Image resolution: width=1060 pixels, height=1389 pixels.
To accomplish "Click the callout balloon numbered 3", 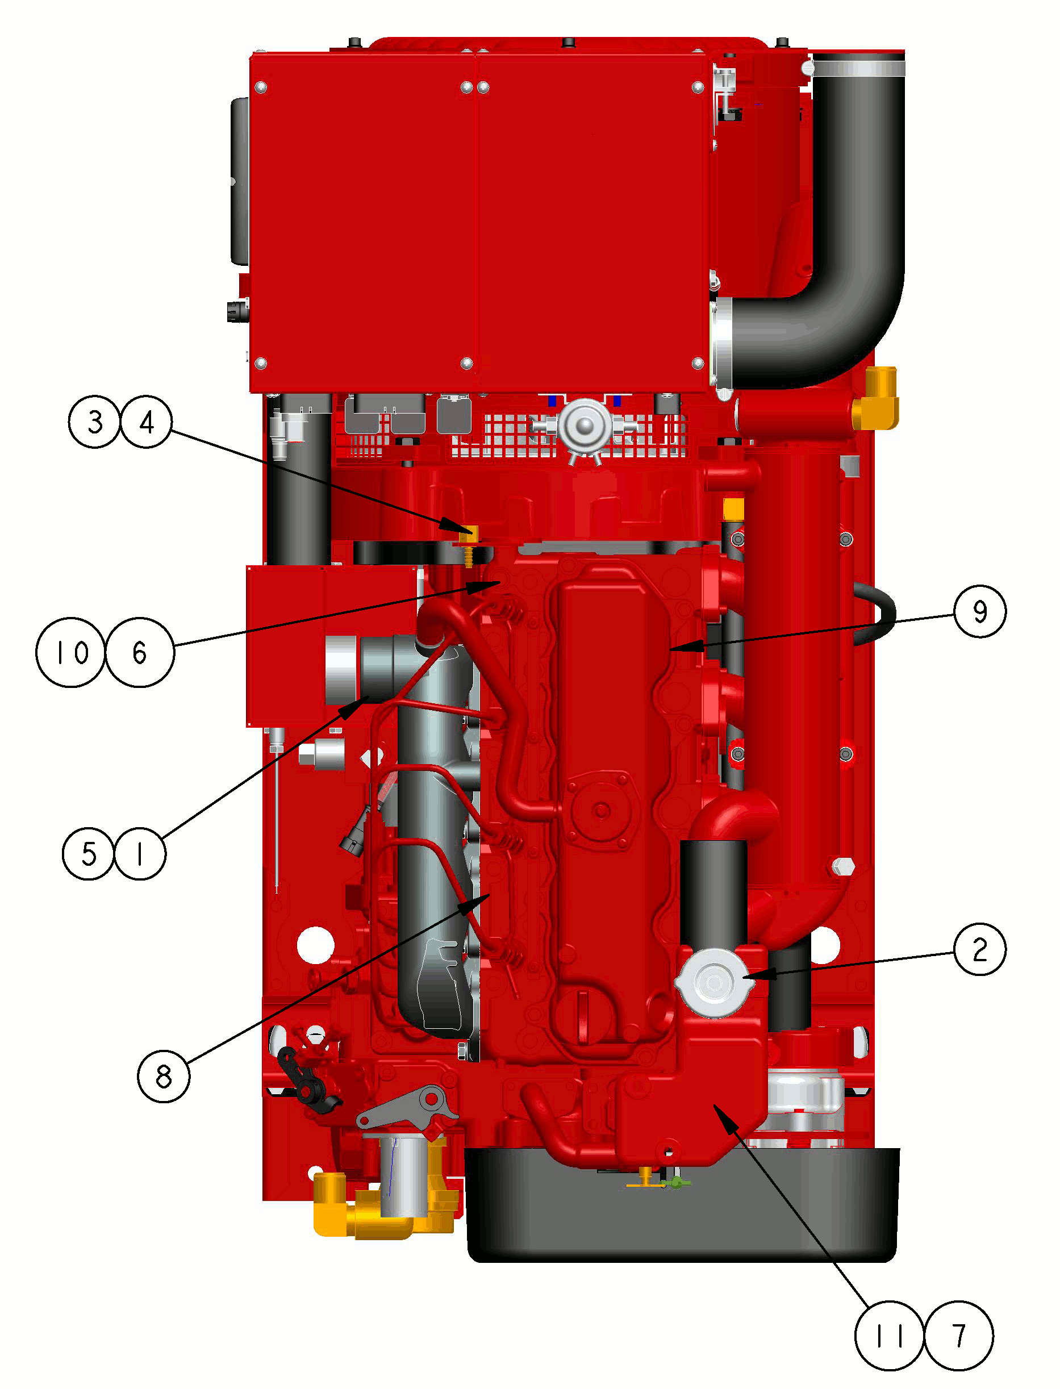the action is pos(95,422).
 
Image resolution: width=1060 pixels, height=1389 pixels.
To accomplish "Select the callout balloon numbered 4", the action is pos(147,422).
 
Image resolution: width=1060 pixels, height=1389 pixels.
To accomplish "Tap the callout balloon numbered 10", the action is pos(70,652).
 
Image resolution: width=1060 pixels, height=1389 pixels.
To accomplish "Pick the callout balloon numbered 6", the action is pos(139,652).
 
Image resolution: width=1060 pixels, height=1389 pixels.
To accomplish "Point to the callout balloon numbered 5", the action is pos(89,853).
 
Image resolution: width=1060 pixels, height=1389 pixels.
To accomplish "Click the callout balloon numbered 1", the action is pos(140,853).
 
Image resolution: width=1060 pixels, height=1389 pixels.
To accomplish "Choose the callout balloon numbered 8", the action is pos(164,1076).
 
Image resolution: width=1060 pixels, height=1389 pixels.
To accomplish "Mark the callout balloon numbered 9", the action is pos(980,611).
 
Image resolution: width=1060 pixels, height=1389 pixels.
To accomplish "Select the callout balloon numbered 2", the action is pos(980,949).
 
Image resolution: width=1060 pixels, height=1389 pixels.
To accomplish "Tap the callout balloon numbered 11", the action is pos(890,1336).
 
